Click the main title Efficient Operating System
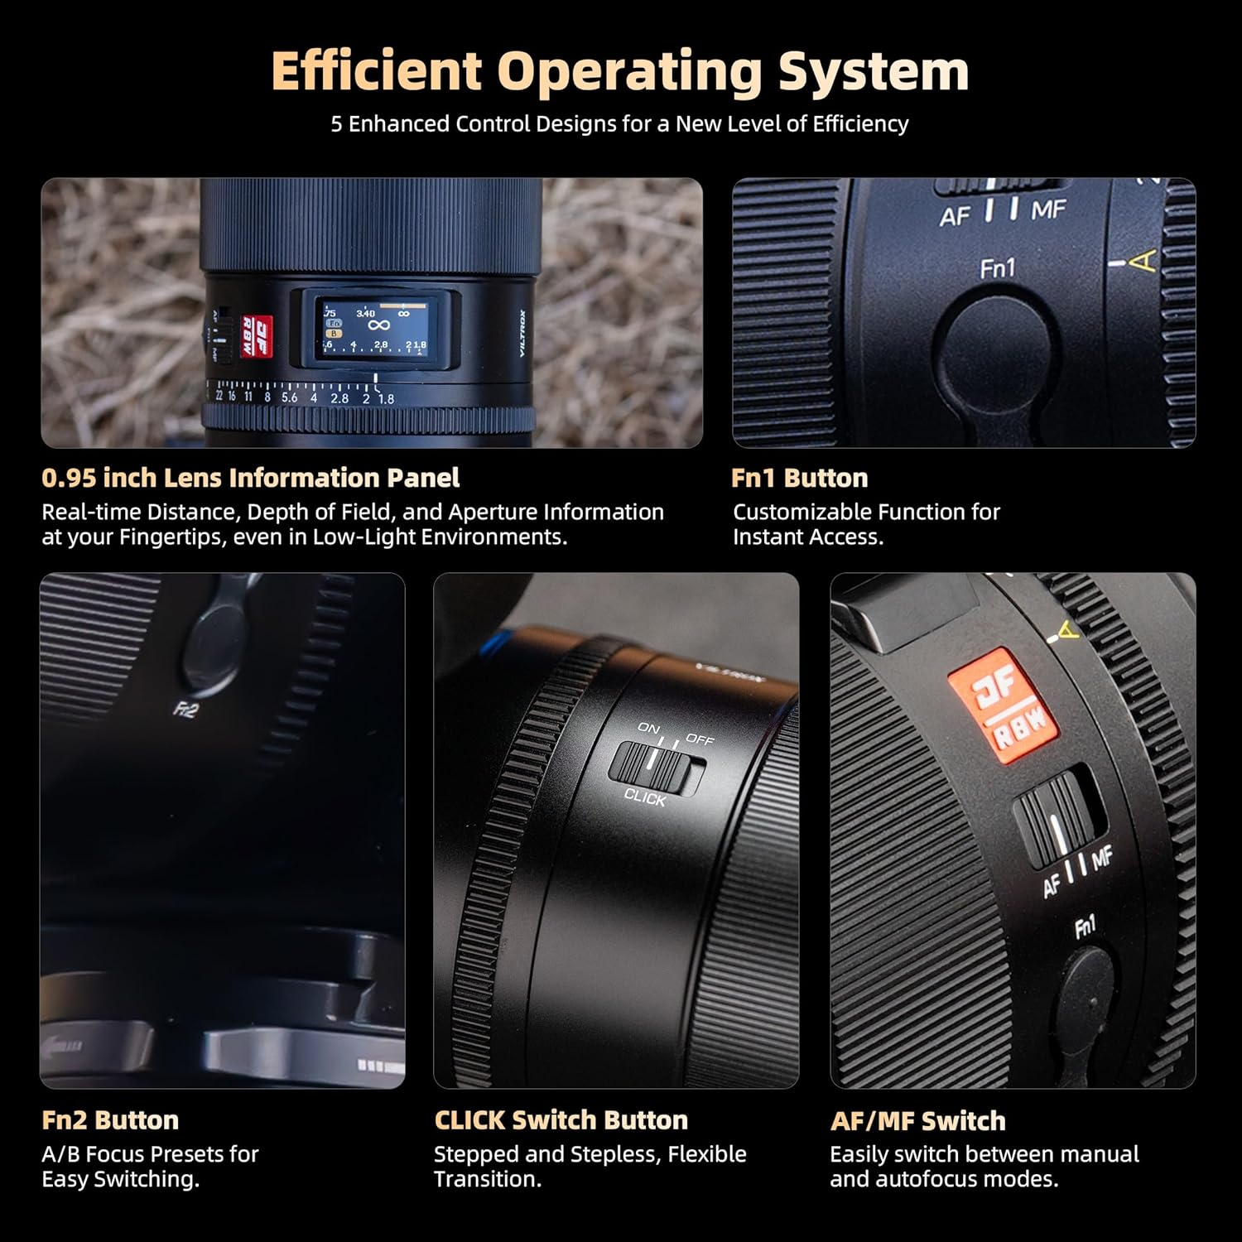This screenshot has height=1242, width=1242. (x=620, y=71)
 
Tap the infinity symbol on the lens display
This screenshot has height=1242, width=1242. (x=378, y=325)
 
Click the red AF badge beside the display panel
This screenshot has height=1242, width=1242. (x=256, y=335)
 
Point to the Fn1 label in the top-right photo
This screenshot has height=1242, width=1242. (x=997, y=268)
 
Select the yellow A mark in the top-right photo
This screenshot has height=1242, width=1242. (x=1143, y=262)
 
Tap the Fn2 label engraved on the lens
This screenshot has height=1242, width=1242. (x=185, y=709)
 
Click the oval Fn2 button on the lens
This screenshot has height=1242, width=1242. (x=214, y=639)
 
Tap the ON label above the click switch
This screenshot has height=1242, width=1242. (x=648, y=728)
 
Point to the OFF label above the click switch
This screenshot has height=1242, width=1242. (x=700, y=739)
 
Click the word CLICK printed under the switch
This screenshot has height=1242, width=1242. (x=644, y=797)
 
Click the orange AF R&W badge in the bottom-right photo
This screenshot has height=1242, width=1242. (x=1003, y=708)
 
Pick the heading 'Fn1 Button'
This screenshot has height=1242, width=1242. (x=799, y=478)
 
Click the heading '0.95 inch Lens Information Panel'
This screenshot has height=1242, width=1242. (x=250, y=478)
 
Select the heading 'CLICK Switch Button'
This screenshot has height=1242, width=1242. (x=561, y=1119)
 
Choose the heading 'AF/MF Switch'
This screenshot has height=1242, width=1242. (x=917, y=1120)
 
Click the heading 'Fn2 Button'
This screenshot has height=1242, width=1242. (x=110, y=1119)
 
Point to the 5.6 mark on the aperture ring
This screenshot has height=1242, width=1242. (x=289, y=397)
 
